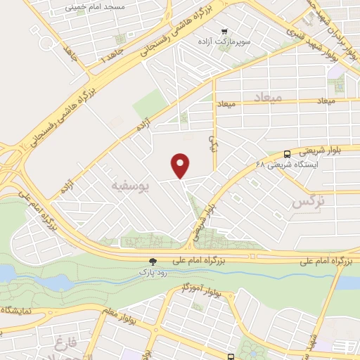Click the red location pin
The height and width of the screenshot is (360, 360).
click(x=181, y=165)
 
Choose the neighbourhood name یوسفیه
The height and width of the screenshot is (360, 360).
click(x=130, y=185)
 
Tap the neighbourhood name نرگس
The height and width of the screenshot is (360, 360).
click(x=307, y=202)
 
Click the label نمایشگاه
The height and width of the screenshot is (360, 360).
click(x=14, y=309)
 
